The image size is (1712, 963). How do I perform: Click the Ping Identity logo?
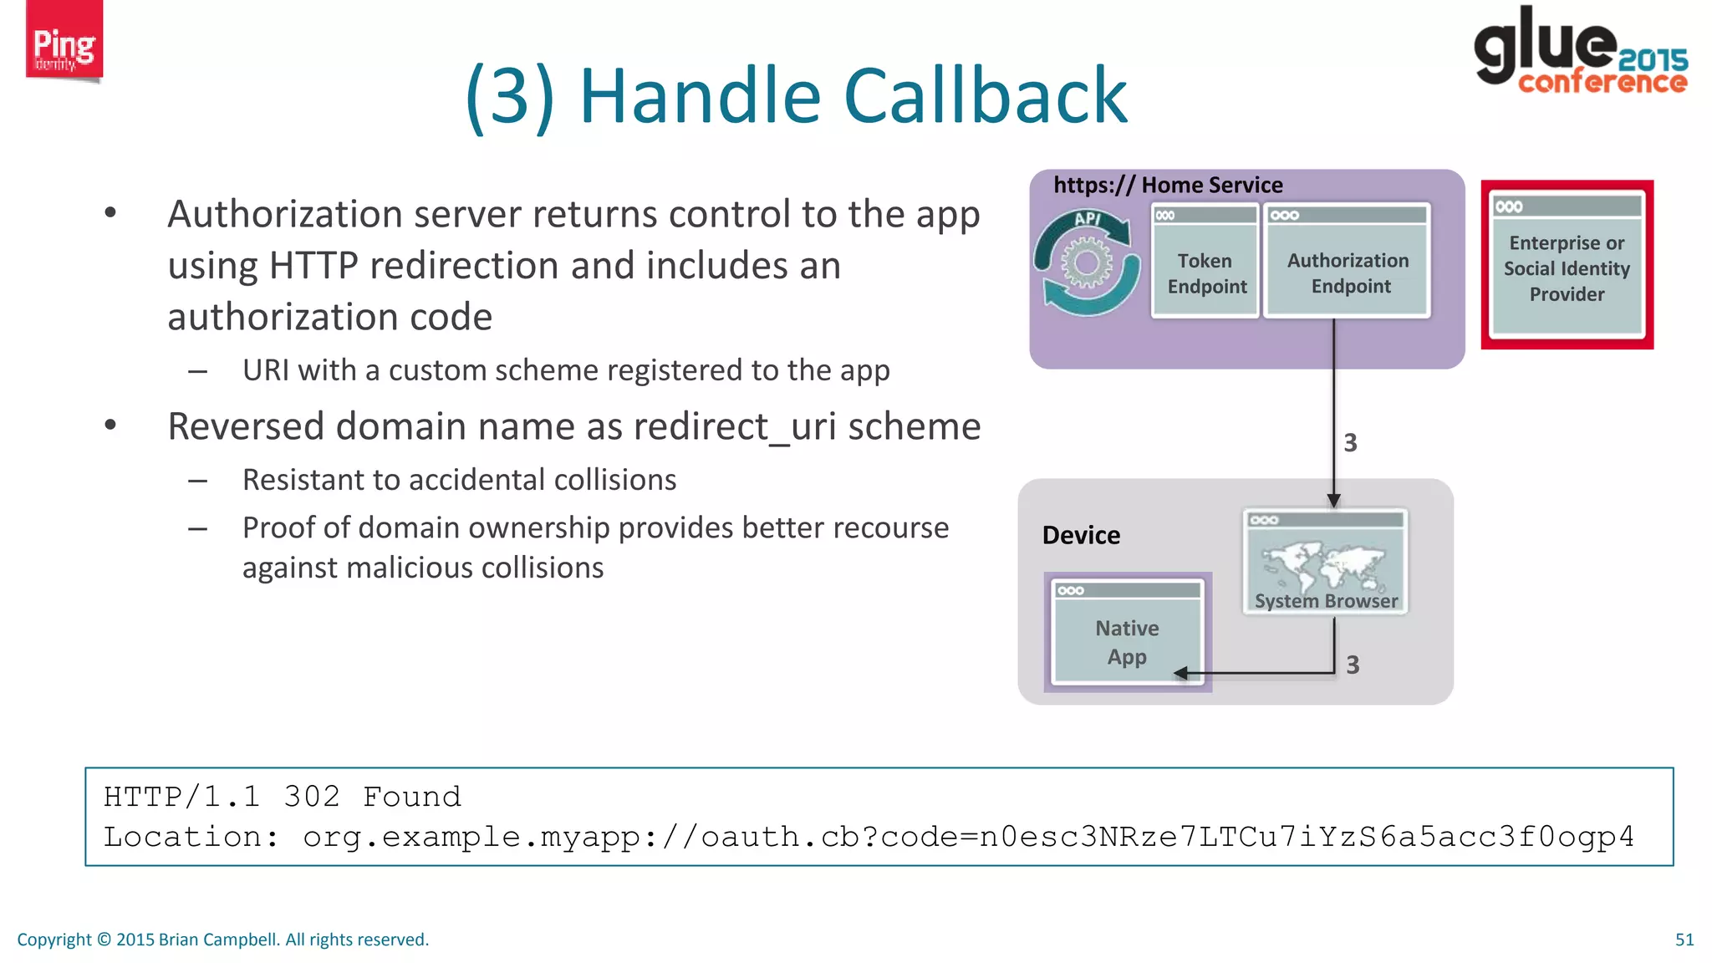[64, 42]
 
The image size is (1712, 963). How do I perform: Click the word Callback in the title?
[986, 96]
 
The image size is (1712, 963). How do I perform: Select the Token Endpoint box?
[1205, 262]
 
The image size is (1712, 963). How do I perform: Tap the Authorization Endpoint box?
[1348, 262]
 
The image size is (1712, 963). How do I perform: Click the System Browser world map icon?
[1324, 565]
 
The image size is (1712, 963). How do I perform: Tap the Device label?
[1081, 535]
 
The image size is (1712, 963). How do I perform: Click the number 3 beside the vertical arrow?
[1350, 443]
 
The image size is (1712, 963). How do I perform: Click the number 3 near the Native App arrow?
[1353, 665]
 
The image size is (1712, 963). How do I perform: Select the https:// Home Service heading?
[1167, 185]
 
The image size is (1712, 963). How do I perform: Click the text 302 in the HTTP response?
[312, 797]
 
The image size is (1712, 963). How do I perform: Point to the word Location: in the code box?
[191, 837]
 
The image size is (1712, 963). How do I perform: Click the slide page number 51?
[1684, 940]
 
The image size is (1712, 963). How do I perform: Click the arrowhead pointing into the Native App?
[1180, 673]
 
